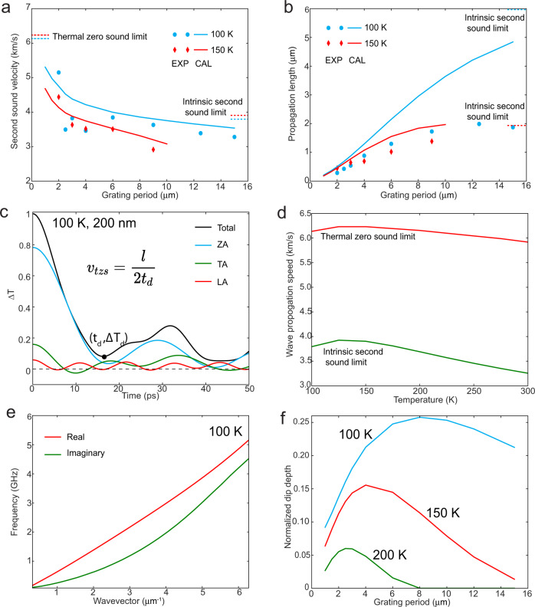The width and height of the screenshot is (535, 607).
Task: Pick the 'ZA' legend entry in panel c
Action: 219,248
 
